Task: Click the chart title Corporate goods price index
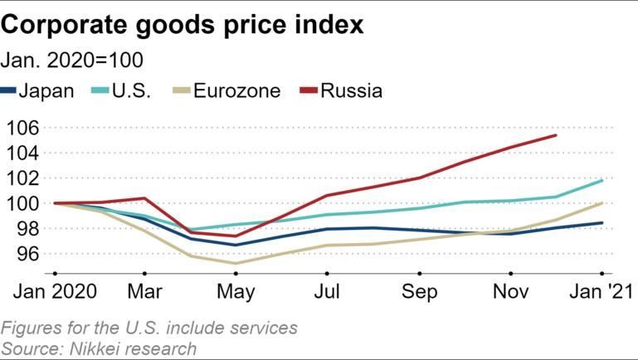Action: coord(183,24)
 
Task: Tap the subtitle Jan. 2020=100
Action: coord(73,60)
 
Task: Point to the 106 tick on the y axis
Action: coord(23,128)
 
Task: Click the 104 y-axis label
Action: coord(23,153)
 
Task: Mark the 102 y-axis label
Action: coord(23,178)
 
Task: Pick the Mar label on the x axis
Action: coord(146,292)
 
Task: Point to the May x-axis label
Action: coord(237,292)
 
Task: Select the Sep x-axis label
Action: coord(420,292)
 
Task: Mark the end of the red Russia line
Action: coord(556,135)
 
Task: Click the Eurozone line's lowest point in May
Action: coord(237,264)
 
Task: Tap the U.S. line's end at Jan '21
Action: coord(601,180)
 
